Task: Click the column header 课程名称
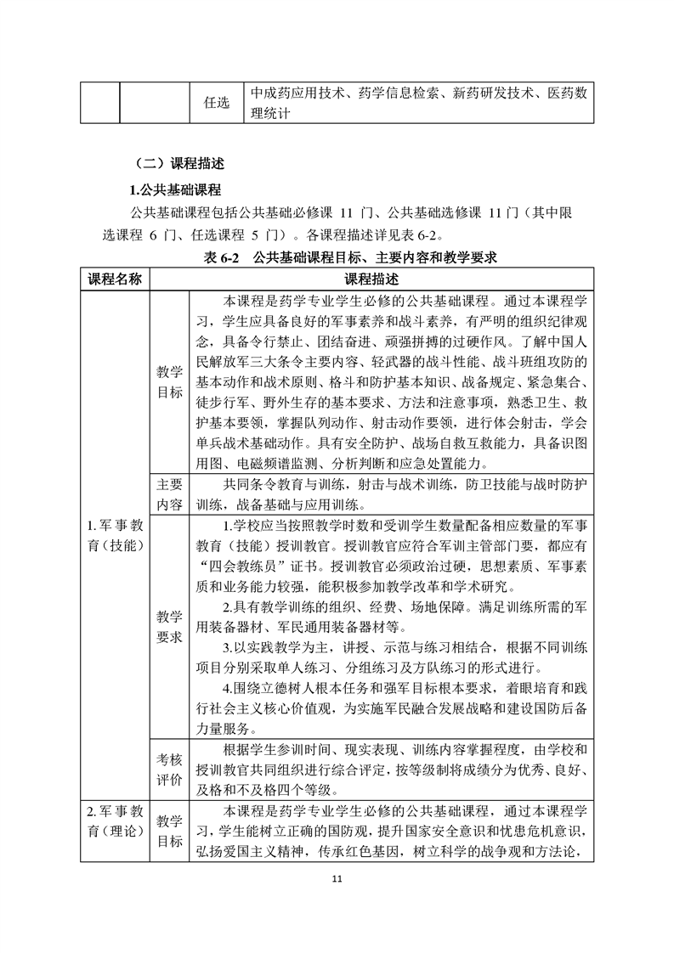tap(116, 279)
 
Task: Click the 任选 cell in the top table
tap(217, 104)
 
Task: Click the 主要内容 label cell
tap(169, 493)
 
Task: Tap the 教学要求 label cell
tap(169, 625)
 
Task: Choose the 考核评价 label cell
tap(169, 770)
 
